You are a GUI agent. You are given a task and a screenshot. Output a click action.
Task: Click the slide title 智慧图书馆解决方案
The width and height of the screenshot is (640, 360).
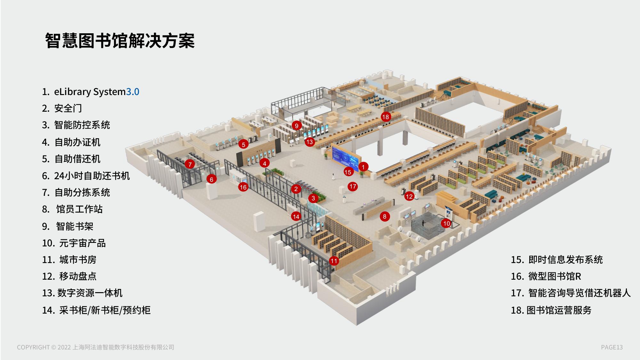point(120,41)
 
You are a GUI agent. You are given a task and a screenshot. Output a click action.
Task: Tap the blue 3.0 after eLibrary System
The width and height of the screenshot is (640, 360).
point(132,92)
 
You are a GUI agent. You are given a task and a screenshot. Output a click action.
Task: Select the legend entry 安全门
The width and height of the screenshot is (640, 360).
point(68,108)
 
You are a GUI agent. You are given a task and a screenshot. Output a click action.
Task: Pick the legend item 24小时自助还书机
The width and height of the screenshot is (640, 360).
point(92,176)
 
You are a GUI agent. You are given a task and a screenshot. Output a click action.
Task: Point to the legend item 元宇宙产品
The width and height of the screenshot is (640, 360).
point(82,243)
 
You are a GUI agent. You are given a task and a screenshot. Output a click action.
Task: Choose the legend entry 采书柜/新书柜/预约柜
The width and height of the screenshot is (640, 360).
point(105,310)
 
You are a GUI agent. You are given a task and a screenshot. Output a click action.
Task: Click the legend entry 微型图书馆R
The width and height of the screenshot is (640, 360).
point(554,276)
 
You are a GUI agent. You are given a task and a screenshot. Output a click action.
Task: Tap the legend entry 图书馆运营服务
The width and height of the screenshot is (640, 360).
point(559,310)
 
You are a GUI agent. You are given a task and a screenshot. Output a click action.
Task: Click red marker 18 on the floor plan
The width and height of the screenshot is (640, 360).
point(386,117)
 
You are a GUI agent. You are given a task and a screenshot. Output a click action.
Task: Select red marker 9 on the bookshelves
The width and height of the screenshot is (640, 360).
point(297,126)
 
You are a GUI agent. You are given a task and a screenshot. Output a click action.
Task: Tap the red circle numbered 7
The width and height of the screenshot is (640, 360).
point(190,164)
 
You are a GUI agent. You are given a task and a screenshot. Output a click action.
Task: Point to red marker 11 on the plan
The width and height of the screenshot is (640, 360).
point(334,261)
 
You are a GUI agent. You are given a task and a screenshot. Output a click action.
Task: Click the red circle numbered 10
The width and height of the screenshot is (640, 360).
point(446,223)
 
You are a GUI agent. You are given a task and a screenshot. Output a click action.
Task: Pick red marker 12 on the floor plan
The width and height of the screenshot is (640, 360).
point(409,196)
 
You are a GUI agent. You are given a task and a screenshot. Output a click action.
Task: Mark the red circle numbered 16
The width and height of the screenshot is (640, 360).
point(243,187)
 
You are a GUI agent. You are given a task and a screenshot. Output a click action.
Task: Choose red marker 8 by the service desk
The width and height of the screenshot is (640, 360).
point(385,217)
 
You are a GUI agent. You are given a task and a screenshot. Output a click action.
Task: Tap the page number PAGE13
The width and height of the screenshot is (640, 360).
point(612,347)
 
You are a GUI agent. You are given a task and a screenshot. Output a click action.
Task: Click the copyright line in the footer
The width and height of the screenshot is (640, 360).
point(95,347)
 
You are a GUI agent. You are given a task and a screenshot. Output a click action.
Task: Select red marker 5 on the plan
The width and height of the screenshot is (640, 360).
point(244,145)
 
